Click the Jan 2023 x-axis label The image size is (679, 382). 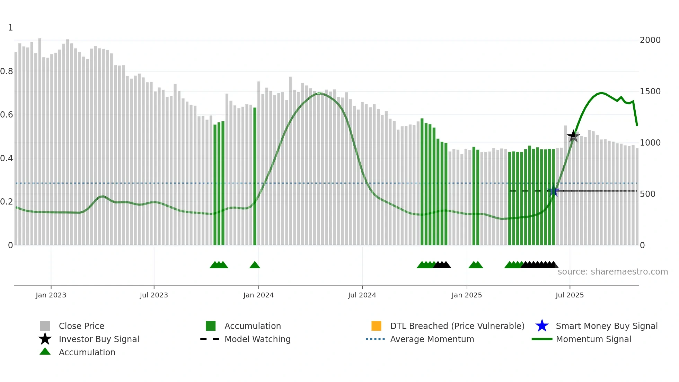51,295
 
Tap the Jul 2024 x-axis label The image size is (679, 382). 362,295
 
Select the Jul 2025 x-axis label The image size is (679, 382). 570,295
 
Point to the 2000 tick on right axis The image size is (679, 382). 650,40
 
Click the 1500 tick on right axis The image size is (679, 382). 650,92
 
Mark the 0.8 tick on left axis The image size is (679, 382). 7,71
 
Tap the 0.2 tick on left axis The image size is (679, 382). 7,202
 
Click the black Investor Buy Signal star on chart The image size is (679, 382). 573,136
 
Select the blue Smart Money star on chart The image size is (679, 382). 554,191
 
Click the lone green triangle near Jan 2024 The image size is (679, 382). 255,265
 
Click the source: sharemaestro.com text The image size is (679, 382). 612,272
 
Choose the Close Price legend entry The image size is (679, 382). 81,326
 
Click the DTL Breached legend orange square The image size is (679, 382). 376,326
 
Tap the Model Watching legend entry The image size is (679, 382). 257,339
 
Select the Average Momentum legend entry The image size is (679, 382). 432,339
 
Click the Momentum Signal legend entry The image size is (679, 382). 593,339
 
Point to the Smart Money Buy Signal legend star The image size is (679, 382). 542,326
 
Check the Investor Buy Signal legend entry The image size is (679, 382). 99,339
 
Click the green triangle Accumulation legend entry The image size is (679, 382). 45,352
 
